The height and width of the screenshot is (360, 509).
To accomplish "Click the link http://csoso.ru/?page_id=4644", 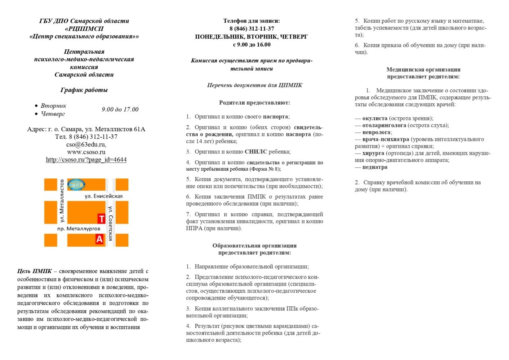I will [86, 160].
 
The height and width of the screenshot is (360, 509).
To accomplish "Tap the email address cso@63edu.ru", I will [86, 144].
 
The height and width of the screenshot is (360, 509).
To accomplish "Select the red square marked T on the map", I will [101, 218].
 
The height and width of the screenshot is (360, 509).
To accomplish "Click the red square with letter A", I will [99, 239].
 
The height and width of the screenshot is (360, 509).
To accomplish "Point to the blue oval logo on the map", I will [76, 184].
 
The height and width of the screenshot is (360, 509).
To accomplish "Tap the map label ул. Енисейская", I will [103, 196].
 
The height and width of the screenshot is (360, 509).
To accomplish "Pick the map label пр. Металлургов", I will [78, 229].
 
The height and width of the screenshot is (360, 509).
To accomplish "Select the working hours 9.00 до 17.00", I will [120, 109].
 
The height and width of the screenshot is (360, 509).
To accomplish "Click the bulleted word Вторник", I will [53, 106].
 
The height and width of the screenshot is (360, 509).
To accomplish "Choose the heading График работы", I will [84, 90].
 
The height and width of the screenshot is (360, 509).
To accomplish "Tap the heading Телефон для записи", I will [251, 21].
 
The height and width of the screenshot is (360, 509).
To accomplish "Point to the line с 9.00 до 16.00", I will [251, 45].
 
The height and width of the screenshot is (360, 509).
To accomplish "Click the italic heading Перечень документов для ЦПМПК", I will [254, 85].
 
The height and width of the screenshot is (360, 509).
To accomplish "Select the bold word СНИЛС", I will [256, 152].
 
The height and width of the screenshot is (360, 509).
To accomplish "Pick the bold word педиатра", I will [375, 167].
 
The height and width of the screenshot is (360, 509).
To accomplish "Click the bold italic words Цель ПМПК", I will [35, 271].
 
